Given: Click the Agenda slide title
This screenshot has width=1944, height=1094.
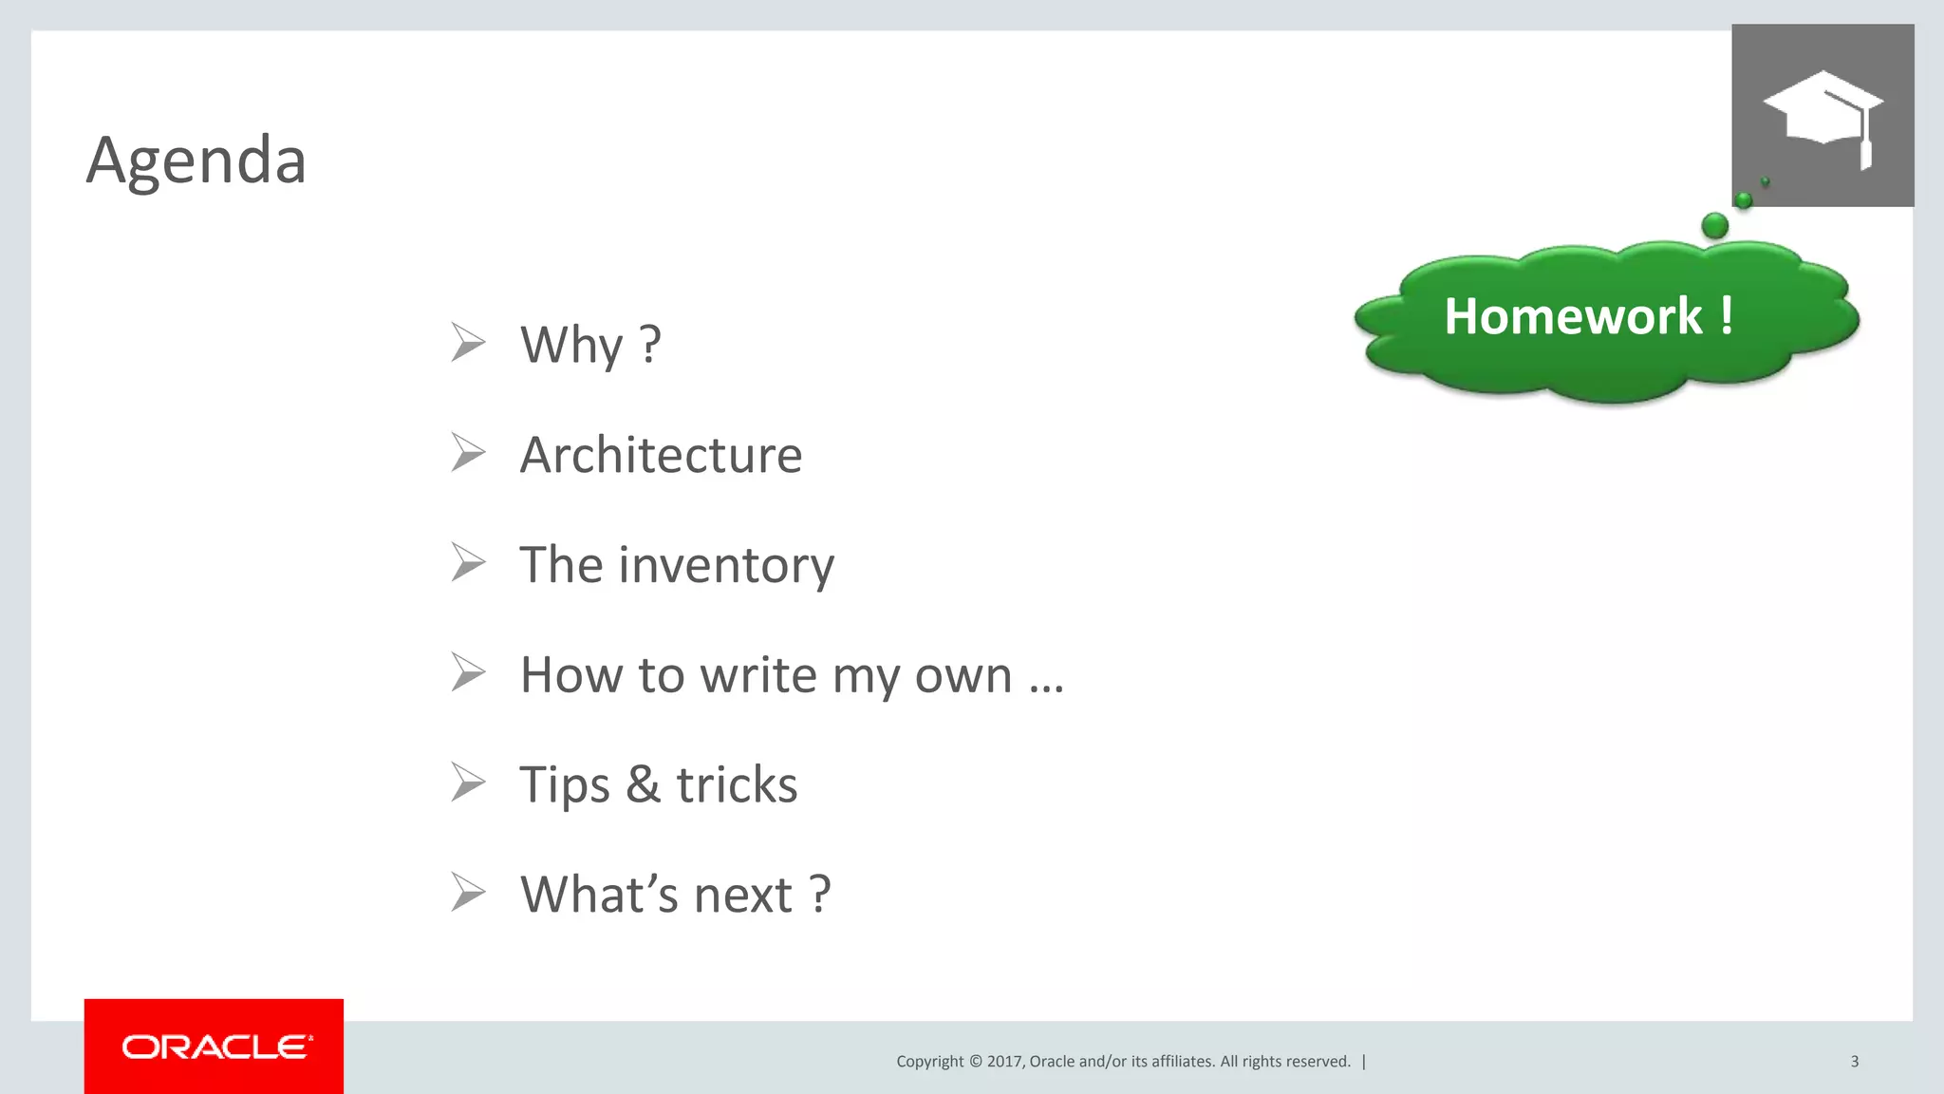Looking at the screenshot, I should [196, 160].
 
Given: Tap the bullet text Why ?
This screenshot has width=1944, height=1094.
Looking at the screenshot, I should [589, 344].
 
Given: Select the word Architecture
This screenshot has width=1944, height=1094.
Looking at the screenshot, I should [661, 455].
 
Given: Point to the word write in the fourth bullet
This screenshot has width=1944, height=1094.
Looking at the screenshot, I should [757, 675].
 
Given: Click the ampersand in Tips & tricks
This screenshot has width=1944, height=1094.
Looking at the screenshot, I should [643, 785].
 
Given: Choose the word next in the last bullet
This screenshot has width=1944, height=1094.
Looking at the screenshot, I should [743, 896].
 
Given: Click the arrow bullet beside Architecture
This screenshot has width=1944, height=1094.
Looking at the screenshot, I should [468, 453].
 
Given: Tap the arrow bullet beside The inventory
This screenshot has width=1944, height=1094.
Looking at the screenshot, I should [468, 563].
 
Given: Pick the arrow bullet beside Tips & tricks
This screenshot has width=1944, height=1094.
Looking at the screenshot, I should [468, 783].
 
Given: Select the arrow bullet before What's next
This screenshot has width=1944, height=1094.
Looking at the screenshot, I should [468, 894].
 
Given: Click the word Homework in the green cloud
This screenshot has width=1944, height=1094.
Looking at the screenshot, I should [1573, 316].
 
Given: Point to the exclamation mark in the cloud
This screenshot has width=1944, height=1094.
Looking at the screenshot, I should [1727, 315].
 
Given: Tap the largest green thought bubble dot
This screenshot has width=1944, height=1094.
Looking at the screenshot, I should [1715, 226].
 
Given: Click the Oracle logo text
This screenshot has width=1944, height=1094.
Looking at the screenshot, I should [216, 1047].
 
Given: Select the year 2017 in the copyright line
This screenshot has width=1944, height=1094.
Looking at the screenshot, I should [1003, 1062].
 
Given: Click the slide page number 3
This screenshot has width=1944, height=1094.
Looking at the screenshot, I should [1855, 1062].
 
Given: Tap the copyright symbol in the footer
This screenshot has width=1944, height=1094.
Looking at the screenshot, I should [975, 1062].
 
